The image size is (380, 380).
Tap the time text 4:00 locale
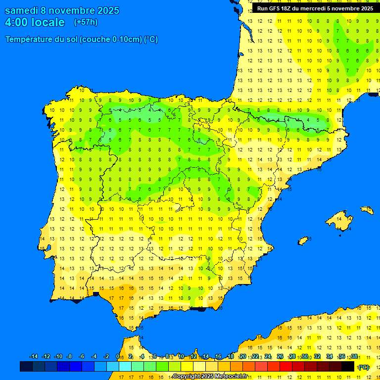(35, 22)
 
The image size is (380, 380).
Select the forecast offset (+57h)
(86, 22)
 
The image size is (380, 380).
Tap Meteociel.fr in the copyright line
(228, 377)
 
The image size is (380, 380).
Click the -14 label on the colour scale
(34, 357)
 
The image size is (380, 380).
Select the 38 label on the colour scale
(354, 357)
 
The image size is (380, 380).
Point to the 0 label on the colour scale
(118, 357)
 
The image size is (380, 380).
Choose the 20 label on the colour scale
(243, 357)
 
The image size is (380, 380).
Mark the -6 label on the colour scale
(82, 357)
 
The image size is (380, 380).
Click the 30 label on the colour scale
(305, 357)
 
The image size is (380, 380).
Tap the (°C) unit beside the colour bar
(364, 367)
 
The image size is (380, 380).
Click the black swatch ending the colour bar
(348, 367)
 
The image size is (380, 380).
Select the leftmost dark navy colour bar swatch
(26, 367)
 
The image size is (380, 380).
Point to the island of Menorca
(367, 210)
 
